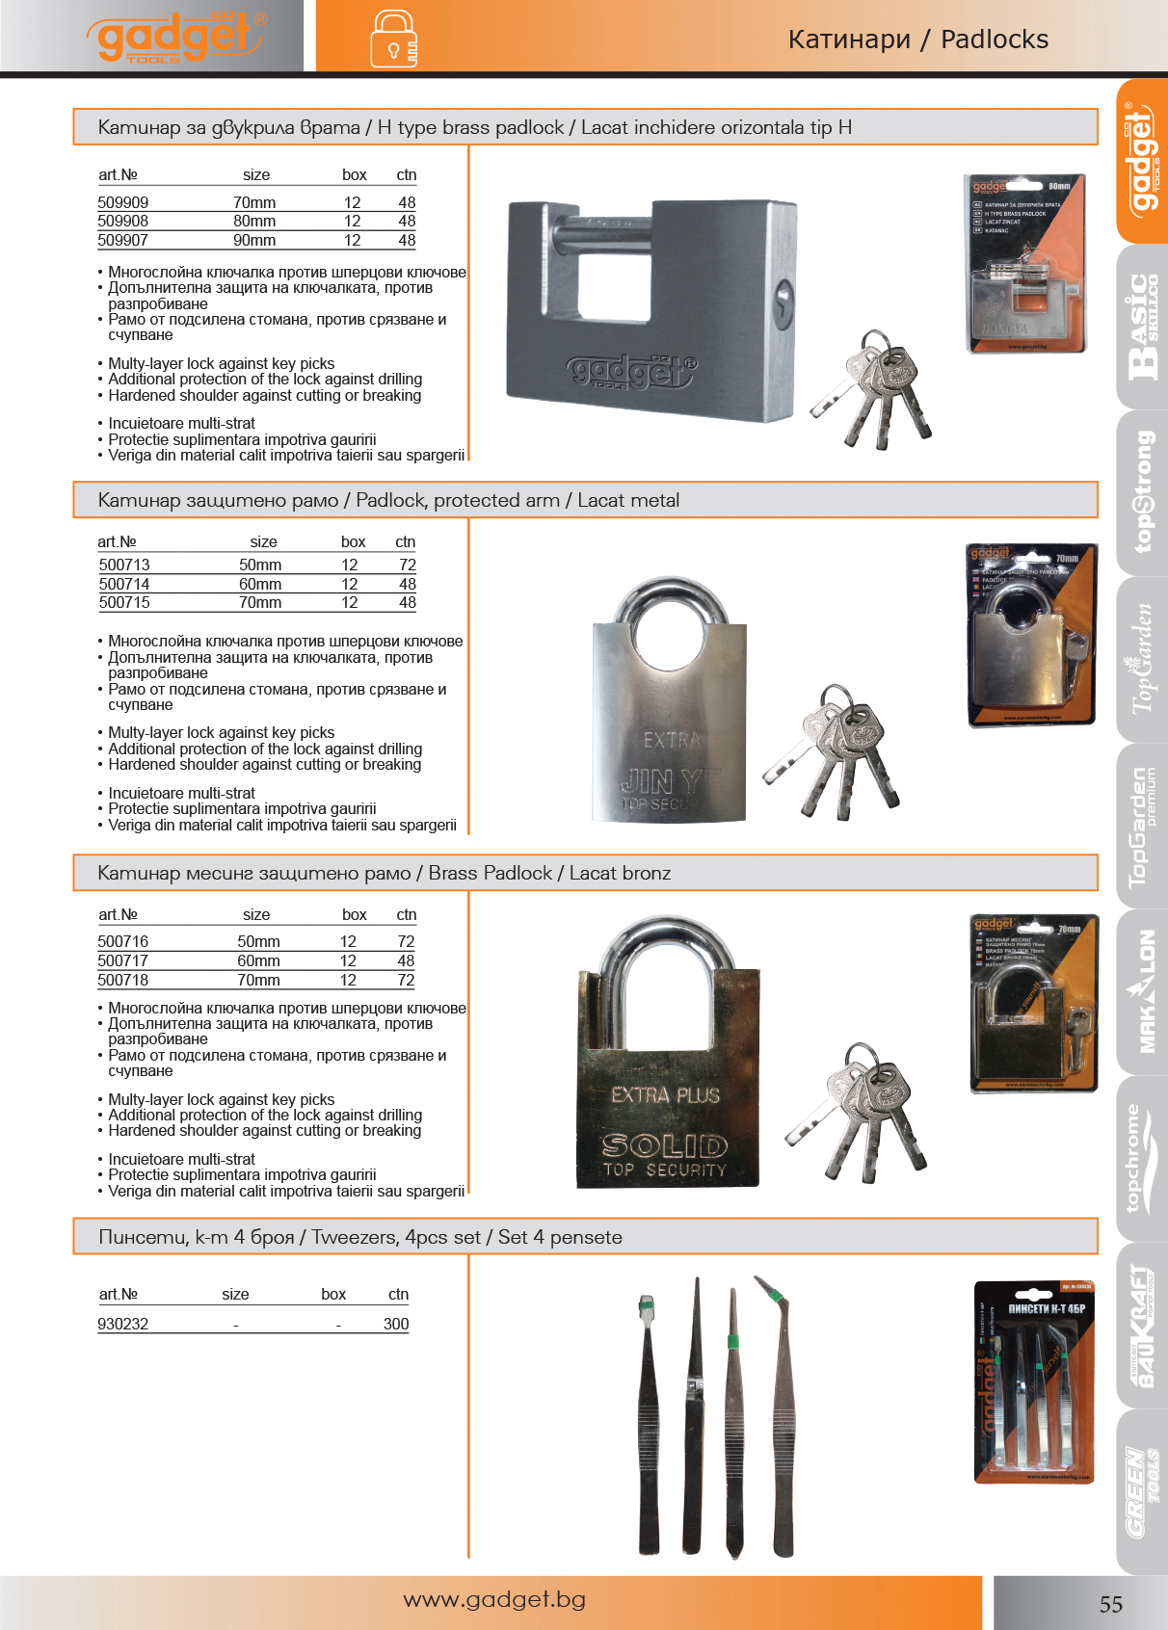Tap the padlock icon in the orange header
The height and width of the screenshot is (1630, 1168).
(393, 39)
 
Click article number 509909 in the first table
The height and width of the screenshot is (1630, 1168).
(123, 202)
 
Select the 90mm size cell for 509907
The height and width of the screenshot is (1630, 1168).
(254, 241)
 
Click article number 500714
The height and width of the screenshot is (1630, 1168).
(124, 584)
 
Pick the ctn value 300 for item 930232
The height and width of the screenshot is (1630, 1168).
(396, 1324)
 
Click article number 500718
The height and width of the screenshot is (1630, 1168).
(123, 980)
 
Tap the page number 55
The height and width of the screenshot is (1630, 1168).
(1110, 1604)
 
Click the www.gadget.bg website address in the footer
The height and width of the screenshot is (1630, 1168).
(494, 1599)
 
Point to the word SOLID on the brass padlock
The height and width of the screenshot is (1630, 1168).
(665, 1145)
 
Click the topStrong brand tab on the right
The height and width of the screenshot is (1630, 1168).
(1142, 491)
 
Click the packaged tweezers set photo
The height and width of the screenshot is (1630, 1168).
(1034, 1382)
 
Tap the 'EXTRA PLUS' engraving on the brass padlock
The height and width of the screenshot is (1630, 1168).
(665, 1095)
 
